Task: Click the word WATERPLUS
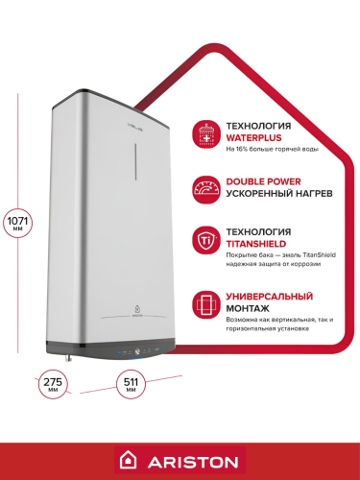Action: tap(254, 138)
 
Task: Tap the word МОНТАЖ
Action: tap(249, 311)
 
